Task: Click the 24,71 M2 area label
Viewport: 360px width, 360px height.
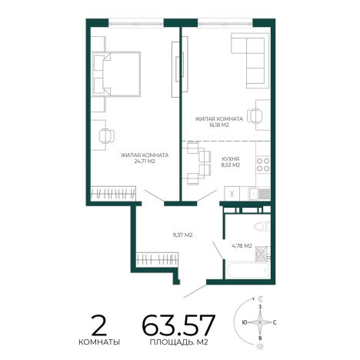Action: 145,162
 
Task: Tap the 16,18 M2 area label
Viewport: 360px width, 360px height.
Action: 219,125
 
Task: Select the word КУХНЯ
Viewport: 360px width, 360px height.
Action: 231,159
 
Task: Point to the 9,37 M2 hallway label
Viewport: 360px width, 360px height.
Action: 182,235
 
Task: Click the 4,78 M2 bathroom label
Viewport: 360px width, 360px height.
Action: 242,246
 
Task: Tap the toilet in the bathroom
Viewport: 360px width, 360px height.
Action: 262,226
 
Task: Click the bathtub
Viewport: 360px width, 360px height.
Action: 247,270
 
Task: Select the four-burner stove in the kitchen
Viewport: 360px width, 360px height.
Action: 263,165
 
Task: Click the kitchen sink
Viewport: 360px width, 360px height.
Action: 253,194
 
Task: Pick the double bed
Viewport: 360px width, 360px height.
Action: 116,74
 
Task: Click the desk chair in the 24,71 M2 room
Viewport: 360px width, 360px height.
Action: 107,135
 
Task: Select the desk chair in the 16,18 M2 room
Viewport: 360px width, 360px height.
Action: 255,115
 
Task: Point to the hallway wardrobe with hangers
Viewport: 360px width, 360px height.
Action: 157,259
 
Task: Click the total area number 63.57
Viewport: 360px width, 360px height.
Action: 178,325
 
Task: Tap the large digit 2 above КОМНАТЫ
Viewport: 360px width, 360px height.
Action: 99,325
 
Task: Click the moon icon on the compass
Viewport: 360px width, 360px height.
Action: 260,298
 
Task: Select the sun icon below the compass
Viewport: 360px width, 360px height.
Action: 260,346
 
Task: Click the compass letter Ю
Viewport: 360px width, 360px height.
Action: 244,322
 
